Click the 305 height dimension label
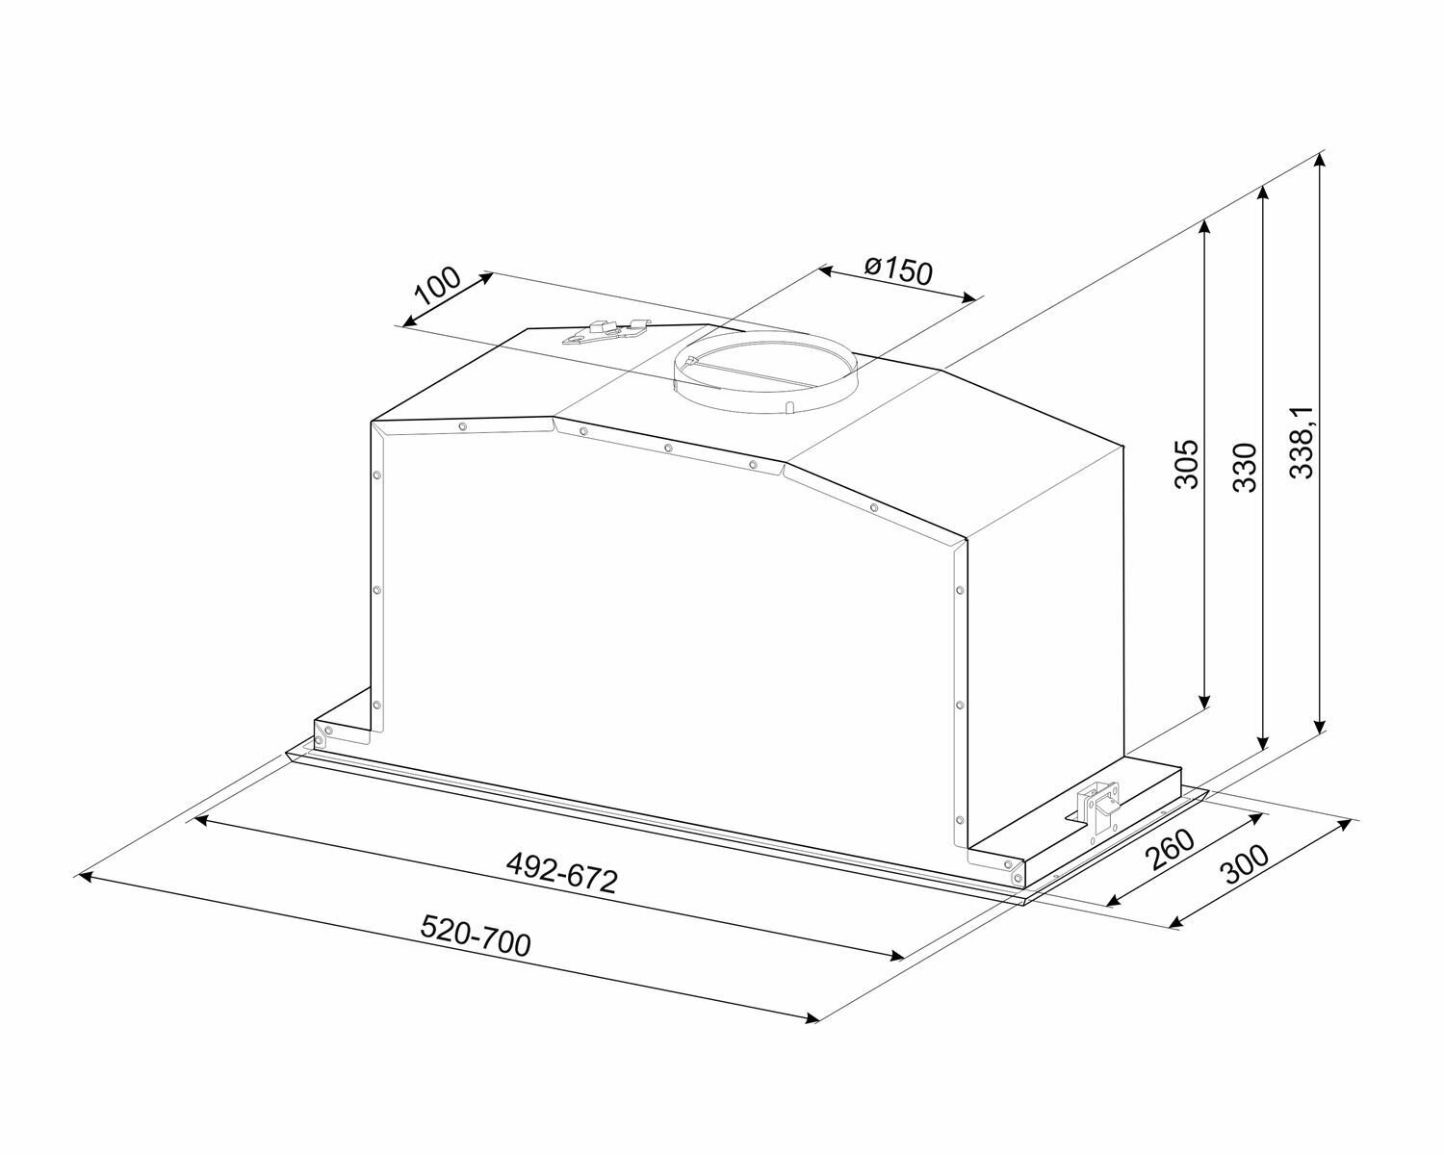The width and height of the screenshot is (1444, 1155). [x=1187, y=464]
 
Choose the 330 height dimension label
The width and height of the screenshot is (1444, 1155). [x=1245, y=467]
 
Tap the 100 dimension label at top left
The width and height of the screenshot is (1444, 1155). [x=437, y=287]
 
